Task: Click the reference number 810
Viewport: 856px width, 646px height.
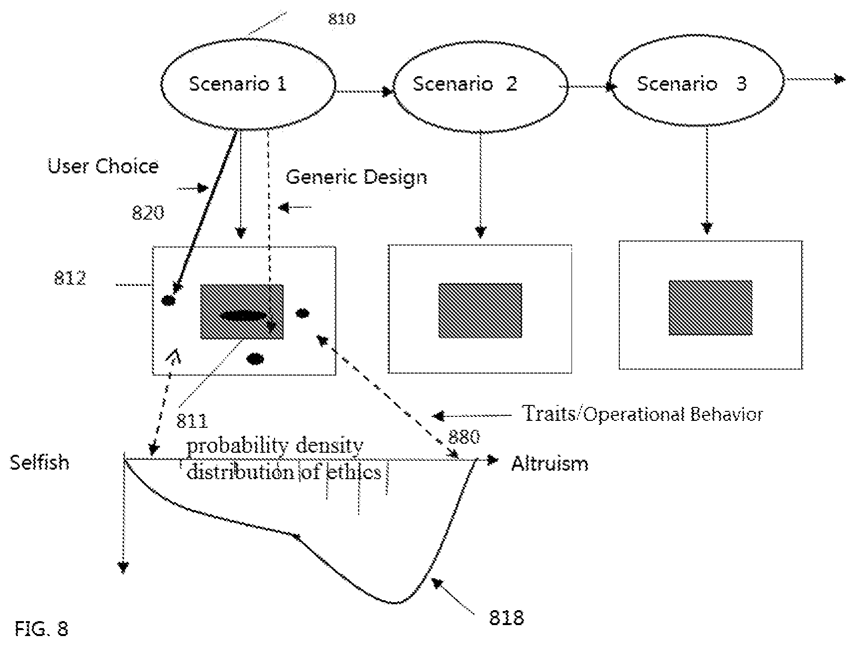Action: (x=342, y=19)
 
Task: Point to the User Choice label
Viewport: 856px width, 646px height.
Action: (x=103, y=166)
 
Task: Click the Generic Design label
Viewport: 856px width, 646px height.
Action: (x=356, y=177)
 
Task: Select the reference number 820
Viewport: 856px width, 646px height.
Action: (x=148, y=213)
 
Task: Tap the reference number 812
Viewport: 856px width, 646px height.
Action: (x=70, y=278)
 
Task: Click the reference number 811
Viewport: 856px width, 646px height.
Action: (x=192, y=421)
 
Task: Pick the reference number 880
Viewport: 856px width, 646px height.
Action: (x=464, y=437)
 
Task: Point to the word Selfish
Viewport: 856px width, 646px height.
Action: (x=39, y=463)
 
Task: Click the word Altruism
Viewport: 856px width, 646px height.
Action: (x=550, y=464)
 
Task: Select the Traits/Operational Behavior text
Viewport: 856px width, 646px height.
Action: (x=642, y=414)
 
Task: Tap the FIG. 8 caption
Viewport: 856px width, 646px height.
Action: (x=41, y=629)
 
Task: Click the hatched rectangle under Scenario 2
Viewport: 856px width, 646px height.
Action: (x=480, y=310)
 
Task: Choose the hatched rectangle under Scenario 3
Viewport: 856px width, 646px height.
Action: (x=711, y=307)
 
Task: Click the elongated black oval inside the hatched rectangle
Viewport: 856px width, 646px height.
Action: (x=243, y=316)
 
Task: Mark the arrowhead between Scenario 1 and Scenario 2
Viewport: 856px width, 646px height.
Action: (x=387, y=92)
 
